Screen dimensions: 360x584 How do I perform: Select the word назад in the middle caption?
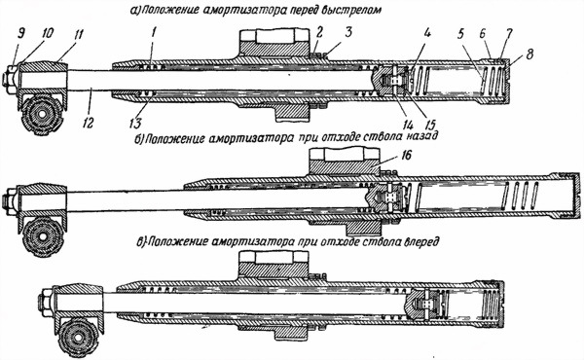click(x=416, y=138)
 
